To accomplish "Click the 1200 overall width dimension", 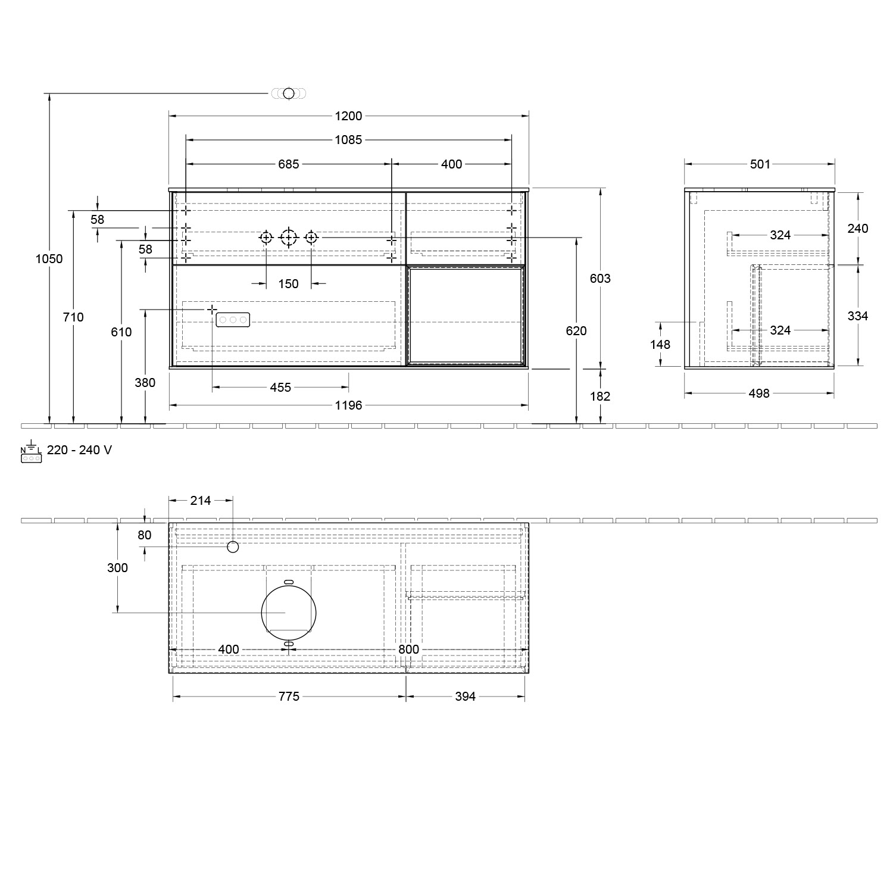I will pyautogui.click(x=348, y=116).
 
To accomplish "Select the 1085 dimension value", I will pyautogui.click(x=348, y=140).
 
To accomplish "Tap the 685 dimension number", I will pyautogui.click(x=289, y=164).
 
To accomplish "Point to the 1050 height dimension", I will pyautogui.click(x=49, y=259).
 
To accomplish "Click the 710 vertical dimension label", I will pyautogui.click(x=73, y=317).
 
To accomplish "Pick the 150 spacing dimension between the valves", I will pyautogui.click(x=288, y=284).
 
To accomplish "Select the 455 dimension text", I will pyautogui.click(x=280, y=388).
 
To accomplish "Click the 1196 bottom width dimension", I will pyautogui.click(x=348, y=405).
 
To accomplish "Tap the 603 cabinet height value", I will pyautogui.click(x=600, y=278).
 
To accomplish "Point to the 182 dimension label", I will pyautogui.click(x=600, y=396).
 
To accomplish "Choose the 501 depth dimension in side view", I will pyautogui.click(x=760, y=164).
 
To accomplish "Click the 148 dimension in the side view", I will pyautogui.click(x=660, y=344).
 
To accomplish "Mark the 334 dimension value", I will pyautogui.click(x=857, y=316).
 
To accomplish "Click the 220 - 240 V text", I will pyautogui.click(x=79, y=450).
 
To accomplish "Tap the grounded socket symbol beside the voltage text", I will pyautogui.click(x=31, y=454).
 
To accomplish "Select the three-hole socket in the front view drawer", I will pyautogui.click(x=233, y=320).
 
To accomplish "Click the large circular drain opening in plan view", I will pyautogui.click(x=289, y=612).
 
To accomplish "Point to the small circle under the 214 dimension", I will pyautogui.click(x=233, y=547).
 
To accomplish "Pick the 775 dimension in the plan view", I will pyautogui.click(x=289, y=697).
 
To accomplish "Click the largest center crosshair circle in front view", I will pyautogui.click(x=289, y=238).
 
